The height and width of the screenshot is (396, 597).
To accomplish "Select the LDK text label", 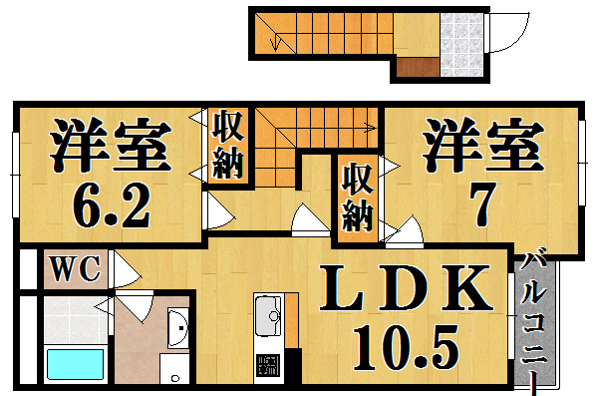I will click(407, 289).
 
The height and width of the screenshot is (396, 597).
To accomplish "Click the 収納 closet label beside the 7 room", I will click(357, 197).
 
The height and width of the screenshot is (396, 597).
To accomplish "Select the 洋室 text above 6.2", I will click(110, 146).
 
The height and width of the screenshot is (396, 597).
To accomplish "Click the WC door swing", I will click(125, 269).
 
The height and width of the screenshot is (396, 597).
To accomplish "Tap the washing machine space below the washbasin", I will click(175, 369).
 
